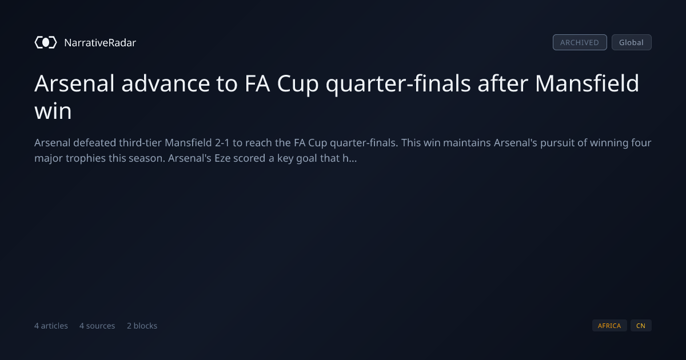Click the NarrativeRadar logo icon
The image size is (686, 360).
46,42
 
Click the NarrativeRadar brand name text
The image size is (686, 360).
100,42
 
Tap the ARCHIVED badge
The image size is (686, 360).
580,42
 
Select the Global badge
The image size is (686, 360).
632,42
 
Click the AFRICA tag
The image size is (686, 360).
609,325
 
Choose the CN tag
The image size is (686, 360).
641,325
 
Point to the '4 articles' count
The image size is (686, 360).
51,326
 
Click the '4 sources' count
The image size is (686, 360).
97,326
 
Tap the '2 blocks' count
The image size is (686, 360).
142,326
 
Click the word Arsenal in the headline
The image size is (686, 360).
74,83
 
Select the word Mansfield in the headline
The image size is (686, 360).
587,83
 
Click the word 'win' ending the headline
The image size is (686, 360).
53,111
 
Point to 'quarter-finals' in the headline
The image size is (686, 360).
398,84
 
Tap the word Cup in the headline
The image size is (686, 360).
298,85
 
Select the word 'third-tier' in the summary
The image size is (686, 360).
140,143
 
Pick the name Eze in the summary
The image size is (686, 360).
222,158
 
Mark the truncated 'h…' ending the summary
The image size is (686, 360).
350,158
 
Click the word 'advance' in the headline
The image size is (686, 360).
166,83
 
